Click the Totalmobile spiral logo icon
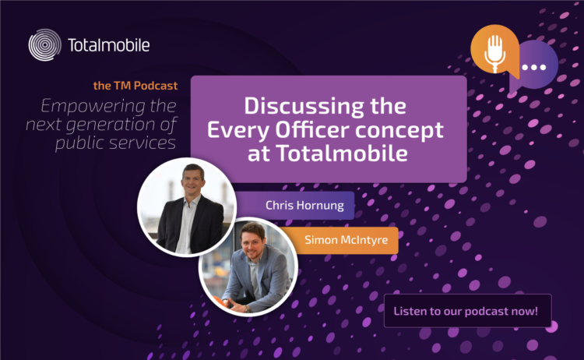coord(44,44)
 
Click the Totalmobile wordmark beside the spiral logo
coord(109,45)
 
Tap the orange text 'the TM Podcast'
coord(135,86)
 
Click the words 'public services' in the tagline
coord(115,143)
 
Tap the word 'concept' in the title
coord(399,131)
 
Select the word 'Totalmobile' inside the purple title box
coord(342,153)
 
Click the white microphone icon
coord(494,53)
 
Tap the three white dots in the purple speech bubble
coord(533,68)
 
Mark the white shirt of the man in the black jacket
coord(186,226)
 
